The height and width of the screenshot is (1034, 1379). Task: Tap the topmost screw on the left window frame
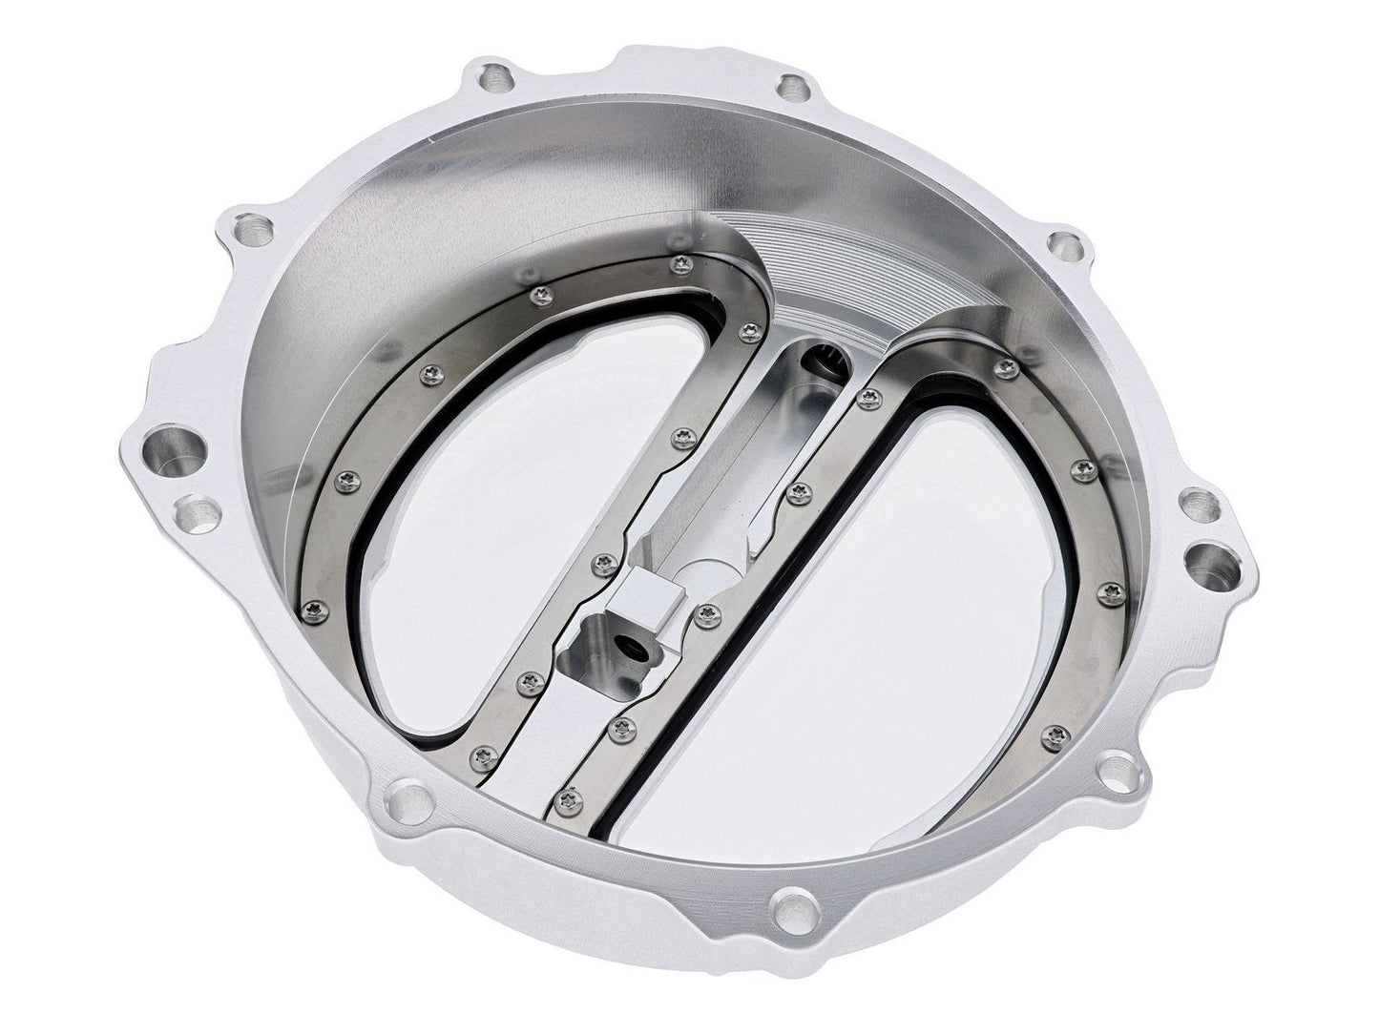coord(679,262)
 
